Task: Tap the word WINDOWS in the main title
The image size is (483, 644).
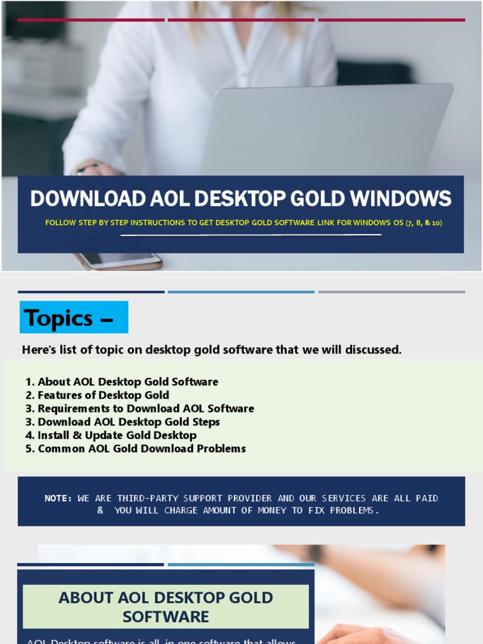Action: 401,199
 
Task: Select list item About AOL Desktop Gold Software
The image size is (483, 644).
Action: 128,382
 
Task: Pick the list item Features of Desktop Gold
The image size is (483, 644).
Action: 103,395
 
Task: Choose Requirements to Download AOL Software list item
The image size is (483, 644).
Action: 145,409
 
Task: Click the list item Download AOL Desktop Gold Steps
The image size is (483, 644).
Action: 128,422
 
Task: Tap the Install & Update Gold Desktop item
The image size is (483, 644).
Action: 117,435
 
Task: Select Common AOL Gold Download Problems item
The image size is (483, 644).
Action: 142,448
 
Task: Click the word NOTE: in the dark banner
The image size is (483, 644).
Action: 58,498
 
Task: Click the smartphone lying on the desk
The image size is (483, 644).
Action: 119,260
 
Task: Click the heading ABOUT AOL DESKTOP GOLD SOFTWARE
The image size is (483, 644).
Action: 166,607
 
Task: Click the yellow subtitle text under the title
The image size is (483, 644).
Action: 244,223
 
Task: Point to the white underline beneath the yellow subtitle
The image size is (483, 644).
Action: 252,235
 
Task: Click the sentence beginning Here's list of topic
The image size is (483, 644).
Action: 211,350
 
